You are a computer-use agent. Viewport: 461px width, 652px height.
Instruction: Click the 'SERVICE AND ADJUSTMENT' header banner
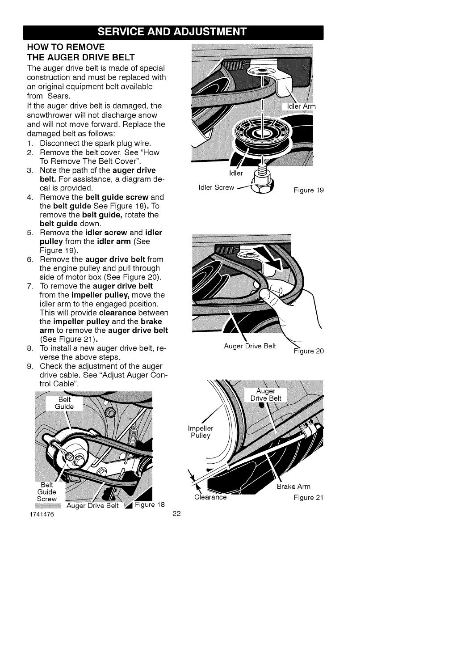click(x=173, y=32)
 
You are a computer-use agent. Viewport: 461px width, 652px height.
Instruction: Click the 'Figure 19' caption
click(x=308, y=190)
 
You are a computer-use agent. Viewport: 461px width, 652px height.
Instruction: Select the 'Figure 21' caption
click(x=308, y=497)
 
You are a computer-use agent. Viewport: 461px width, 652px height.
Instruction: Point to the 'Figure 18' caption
click(x=150, y=505)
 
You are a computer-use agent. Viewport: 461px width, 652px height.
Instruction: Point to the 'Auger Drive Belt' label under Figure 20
click(x=250, y=346)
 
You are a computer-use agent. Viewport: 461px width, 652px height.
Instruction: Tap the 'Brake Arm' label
click(x=293, y=487)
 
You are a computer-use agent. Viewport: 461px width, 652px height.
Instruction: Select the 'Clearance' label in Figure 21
click(x=210, y=497)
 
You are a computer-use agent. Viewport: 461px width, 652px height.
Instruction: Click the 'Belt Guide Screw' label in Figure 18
click(x=47, y=492)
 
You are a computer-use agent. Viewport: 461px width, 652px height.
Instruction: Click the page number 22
click(x=176, y=514)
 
